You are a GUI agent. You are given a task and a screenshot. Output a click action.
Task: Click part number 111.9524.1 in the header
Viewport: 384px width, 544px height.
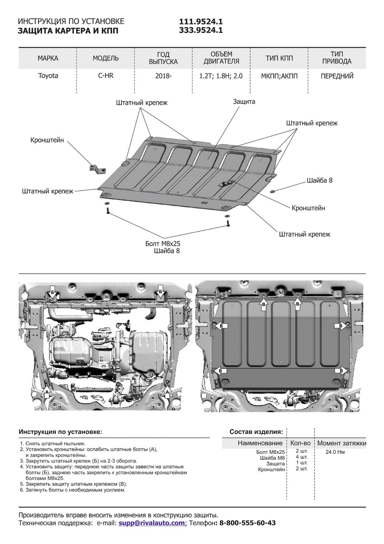click(201, 22)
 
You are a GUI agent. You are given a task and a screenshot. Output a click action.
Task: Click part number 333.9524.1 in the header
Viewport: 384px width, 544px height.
click(201, 30)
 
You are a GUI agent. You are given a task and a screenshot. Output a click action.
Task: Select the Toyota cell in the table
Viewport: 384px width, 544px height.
click(48, 76)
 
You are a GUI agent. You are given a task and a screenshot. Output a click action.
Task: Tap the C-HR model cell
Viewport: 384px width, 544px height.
click(106, 76)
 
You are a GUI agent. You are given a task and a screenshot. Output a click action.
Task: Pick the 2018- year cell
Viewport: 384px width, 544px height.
click(163, 76)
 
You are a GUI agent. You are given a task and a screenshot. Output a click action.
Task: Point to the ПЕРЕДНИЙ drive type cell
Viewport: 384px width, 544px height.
click(337, 76)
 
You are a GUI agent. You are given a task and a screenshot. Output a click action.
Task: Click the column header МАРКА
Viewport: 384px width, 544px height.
click(48, 58)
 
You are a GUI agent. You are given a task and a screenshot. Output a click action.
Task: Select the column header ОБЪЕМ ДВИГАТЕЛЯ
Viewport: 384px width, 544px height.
click(221, 58)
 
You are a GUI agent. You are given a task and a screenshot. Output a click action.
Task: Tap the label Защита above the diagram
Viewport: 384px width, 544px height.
click(244, 102)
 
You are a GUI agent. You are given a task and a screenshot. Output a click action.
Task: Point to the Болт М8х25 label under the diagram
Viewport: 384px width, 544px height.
click(160, 243)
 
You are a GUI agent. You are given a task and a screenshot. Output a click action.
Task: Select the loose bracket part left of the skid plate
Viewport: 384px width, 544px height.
click(98, 168)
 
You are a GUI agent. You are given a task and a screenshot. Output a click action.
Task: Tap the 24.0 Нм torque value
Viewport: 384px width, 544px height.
click(335, 452)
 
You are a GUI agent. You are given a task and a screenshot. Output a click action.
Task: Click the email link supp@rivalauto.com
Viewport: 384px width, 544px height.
click(152, 523)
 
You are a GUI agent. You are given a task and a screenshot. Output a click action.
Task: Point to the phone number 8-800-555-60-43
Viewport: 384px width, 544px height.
click(247, 523)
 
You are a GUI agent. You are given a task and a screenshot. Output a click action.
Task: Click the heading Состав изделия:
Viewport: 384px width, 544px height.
click(256, 431)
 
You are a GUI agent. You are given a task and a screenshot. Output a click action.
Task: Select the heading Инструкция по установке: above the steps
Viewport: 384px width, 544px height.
click(60, 431)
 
